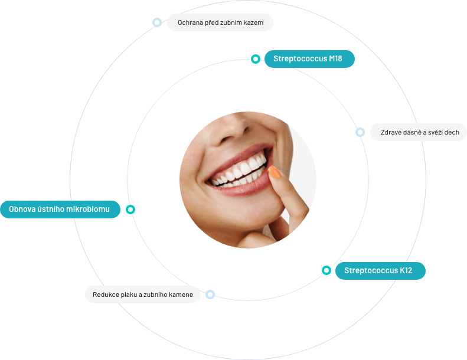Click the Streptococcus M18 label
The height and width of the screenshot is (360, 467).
[x=309, y=59]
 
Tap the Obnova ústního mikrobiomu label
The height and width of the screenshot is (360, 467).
[x=60, y=210]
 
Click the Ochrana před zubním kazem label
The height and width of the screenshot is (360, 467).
[x=220, y=22]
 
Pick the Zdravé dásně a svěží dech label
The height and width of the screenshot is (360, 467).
[x=420, y=132]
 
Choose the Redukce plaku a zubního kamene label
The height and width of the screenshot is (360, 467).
[x=142, y=294]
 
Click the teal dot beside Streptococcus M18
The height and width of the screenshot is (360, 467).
[x=255, y=59]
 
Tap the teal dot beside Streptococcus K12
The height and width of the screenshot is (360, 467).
[x=326, y=270]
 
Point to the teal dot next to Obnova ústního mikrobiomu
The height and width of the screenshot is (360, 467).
[x=130, y=210]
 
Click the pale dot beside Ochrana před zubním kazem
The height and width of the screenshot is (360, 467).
[x=156, y=22]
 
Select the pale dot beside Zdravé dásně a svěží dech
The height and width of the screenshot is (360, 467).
[x=360, y=132]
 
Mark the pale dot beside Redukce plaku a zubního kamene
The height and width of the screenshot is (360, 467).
[x=210, y=294]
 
